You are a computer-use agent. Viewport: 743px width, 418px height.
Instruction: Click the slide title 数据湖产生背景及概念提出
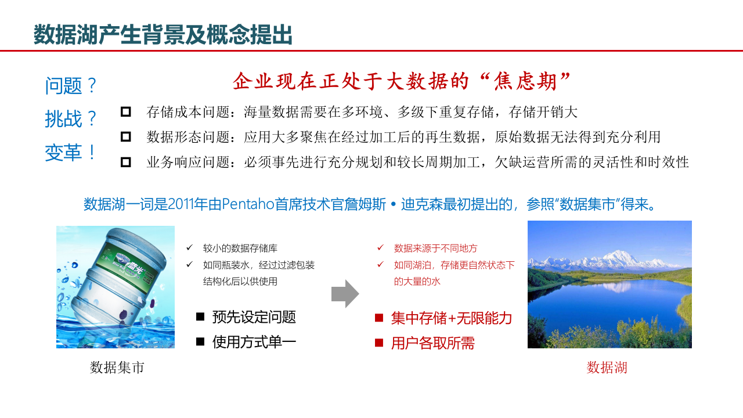tap(163, 35)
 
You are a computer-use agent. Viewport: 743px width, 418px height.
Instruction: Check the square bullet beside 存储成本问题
tap(126, 111)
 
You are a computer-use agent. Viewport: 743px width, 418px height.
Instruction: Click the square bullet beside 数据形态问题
tap(126, 137)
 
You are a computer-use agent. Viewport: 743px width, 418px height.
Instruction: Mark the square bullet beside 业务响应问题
tap(126, 163)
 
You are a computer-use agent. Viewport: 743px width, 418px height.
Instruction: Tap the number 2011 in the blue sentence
tap(182, 204)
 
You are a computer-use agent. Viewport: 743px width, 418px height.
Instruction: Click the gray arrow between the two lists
tap(345, 294)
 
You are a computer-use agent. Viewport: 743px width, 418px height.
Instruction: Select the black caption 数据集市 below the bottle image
tap(117, 367)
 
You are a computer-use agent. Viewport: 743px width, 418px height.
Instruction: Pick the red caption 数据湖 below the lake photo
tap(607, 367)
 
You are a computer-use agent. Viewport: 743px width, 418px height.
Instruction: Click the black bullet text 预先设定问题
tap(254, 317)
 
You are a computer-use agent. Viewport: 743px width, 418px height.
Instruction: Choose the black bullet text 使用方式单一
tap(254, 342)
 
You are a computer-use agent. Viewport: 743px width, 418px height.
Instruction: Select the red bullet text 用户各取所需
tap(432, 343)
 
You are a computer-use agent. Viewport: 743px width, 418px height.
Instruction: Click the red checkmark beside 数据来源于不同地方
tap(380, 248)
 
